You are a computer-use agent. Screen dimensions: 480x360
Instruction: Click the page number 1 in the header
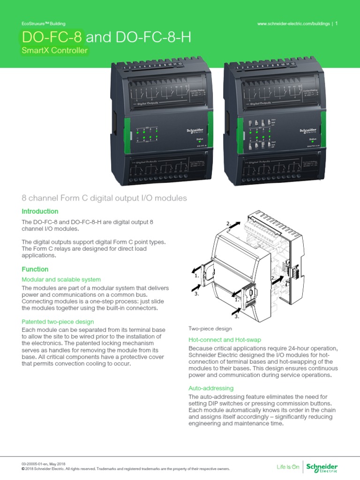tap(337, 23)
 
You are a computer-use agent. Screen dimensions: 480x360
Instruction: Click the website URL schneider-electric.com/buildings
tap(294, 23)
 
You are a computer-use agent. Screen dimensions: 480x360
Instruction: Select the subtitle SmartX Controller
tap(55, 51)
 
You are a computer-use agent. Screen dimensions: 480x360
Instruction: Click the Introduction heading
tap(40, 211)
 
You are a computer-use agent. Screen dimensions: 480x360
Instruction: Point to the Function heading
tap(35, 269)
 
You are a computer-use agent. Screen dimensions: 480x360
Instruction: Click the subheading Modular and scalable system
tap(62, 280)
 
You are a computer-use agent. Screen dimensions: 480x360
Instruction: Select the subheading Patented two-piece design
tap(58, 322)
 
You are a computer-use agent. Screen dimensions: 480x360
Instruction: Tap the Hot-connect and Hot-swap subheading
tap(225, 339)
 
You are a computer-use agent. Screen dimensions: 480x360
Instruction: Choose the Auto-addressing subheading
tap(211, 389)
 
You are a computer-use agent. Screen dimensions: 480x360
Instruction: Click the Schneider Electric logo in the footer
tap(322, 467)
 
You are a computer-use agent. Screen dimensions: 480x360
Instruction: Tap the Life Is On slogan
tap(288, 467)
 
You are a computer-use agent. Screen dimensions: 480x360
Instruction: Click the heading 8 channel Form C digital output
tap(105, 198)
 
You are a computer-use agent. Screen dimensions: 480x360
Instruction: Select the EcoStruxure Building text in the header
tap(44, 23)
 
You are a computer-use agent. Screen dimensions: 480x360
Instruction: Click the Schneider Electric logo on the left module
tap(190, 132)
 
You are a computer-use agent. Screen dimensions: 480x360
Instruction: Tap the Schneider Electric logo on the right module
tap(308, 131)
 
